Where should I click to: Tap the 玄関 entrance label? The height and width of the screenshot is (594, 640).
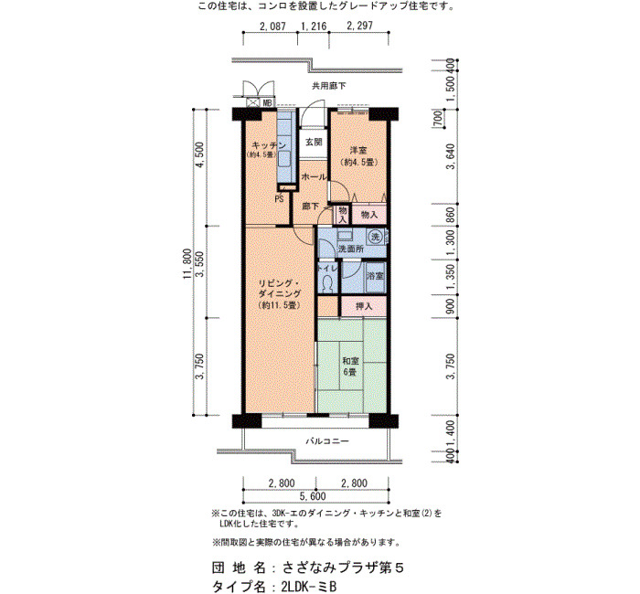(314, 142)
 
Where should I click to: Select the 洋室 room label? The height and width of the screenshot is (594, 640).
(358, 150)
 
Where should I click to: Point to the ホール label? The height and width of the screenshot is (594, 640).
(314, 177)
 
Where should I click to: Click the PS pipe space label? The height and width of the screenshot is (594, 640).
(279, 199)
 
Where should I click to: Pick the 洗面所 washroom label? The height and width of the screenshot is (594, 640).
(350, 249)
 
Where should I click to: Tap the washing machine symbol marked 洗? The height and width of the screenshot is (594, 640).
(375, 236)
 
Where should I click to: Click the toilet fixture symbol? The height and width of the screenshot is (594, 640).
(327, 283)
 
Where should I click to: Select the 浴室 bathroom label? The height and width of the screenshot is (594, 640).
(376, 276)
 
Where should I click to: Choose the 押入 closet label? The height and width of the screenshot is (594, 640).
(364, 306)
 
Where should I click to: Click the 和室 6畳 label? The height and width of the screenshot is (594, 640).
(350, 366)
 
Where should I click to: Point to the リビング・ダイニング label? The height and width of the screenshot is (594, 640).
(279, 293)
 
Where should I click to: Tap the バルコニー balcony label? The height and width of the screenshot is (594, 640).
(327, 441)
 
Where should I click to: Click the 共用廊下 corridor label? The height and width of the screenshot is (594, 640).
(329, 86)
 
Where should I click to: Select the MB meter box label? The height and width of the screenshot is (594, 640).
(267, 102)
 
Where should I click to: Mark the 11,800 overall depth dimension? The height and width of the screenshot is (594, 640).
(187, 263)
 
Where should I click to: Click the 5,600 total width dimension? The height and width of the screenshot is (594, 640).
(313, 496)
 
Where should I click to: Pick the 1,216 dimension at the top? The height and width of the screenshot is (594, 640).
(314, 27)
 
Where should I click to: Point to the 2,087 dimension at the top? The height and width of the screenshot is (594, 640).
(273, 27)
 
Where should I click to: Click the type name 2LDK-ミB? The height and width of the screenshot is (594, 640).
(309, 587)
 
